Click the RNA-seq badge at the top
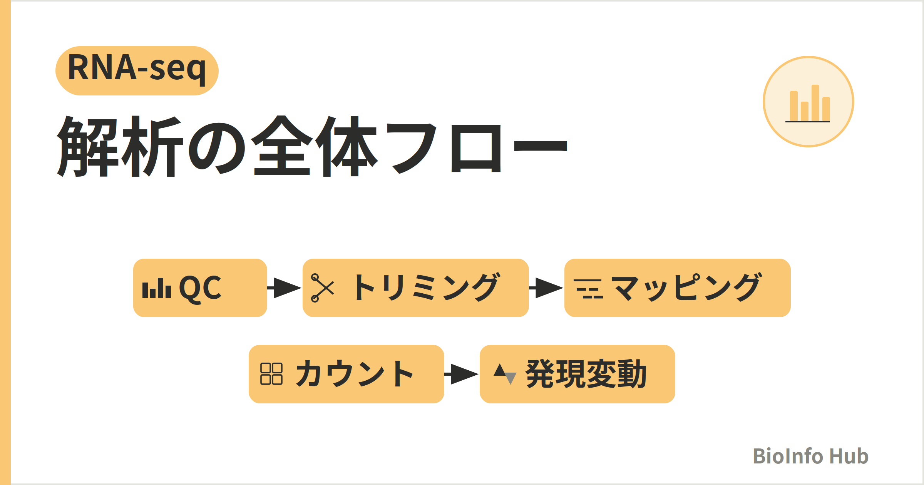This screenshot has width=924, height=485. [x=137, y=71]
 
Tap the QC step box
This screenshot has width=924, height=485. [x=200, y=288]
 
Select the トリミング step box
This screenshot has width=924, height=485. [x=416, y=288]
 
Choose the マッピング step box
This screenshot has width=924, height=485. [x=678, y=288]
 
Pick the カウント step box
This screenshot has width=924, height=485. [x=346, y=374]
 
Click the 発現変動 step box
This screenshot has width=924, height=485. [x=577, y=374]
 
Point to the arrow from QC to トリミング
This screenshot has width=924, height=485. [x=285, y=288]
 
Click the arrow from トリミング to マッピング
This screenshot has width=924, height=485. [x=546, y=288]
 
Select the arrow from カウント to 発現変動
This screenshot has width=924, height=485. [x=462, y=374]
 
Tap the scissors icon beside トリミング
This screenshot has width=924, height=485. [x=323, y=288]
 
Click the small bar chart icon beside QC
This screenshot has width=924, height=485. [x=157, y=288]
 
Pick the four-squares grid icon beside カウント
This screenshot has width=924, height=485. [x=271, y=374]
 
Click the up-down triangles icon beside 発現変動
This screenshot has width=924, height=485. [x=505, y=374]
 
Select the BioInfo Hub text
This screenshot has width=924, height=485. [x=811, y=456]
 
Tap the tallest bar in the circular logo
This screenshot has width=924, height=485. [x=815, y=103]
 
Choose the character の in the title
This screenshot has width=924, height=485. [x=217, y=148]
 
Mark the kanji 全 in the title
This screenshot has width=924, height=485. [x=282, y=145]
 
